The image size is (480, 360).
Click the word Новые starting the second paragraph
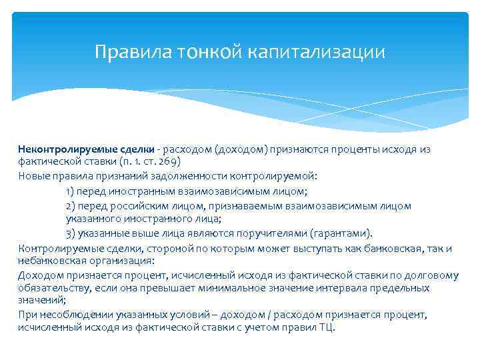(33, 177)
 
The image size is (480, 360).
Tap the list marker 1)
(70, 191)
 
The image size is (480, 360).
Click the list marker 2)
(70, 206)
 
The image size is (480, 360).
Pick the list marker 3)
(70, 233)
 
